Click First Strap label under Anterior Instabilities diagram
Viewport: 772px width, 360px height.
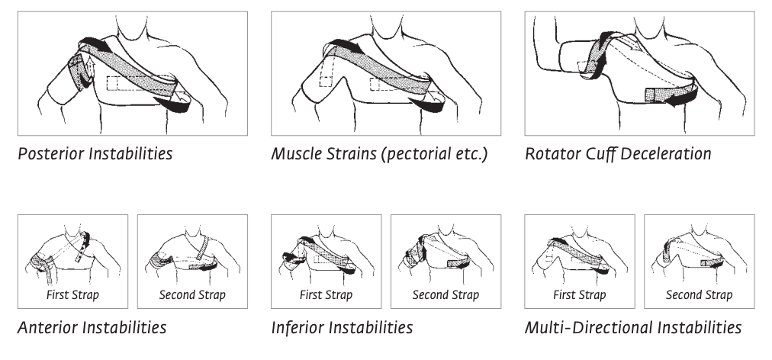pos(72,295)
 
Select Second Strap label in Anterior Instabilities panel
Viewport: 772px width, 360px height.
pos(192,295)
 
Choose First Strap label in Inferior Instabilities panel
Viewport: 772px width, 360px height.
pos(326,295)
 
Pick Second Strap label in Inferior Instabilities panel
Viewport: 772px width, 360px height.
pos(446,295)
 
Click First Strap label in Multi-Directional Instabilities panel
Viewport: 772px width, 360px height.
pos(580,295)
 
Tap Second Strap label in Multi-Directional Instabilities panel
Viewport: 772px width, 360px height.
pos(699,295)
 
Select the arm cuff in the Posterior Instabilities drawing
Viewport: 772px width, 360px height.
pos(79,72)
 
